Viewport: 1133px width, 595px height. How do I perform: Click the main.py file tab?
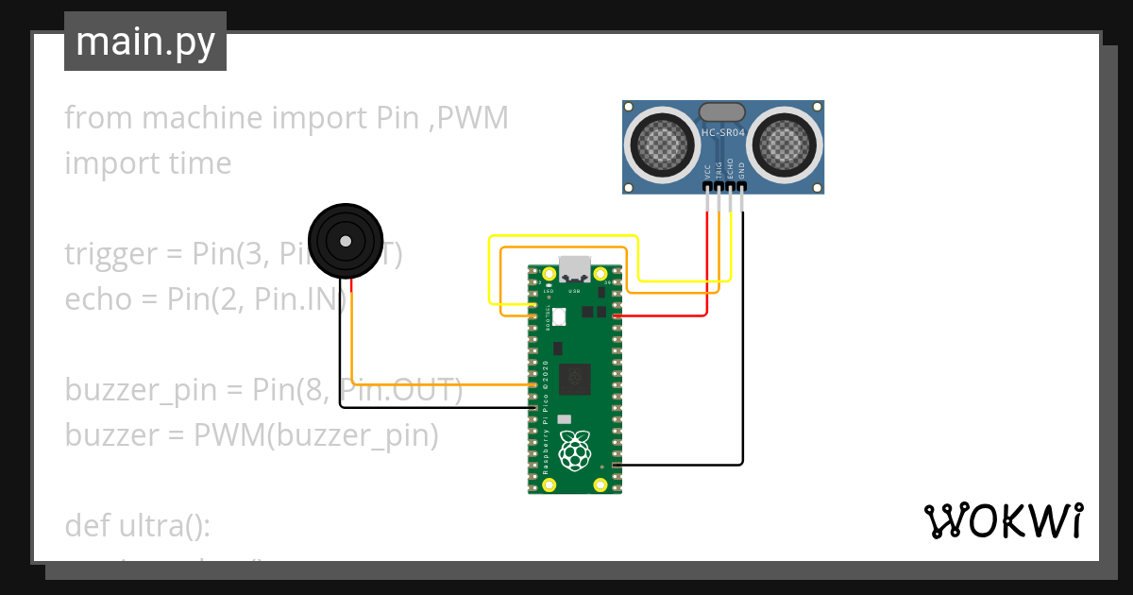[x=144, y=42]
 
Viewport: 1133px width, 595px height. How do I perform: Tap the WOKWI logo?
[x=1003, y=520]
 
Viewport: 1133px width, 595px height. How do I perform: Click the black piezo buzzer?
[x=346, y=241]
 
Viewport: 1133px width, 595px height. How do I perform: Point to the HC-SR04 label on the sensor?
[x=723, y=133]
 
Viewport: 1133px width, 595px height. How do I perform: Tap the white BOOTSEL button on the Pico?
[x=558, y=317]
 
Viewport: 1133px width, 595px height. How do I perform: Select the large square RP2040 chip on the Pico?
[x=574, y=379]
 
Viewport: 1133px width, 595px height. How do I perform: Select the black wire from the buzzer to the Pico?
[x=341, y=359]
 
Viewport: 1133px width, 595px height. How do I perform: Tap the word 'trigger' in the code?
[x=110, y=254]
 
